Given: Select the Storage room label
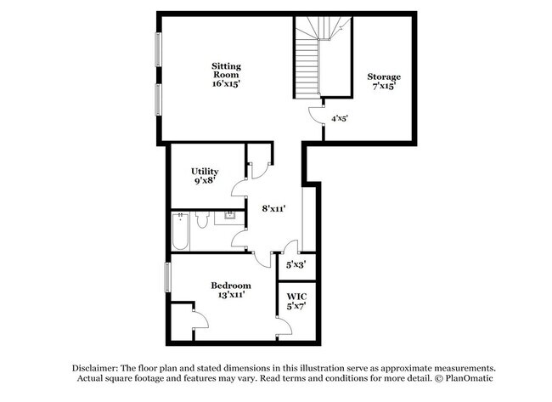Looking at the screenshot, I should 384,77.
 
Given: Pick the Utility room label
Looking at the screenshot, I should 205,172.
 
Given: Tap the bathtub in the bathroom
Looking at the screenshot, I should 182,230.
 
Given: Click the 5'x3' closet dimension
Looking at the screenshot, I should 296,265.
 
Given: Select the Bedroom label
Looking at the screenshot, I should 231,285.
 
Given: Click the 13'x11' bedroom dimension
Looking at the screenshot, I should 231,296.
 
